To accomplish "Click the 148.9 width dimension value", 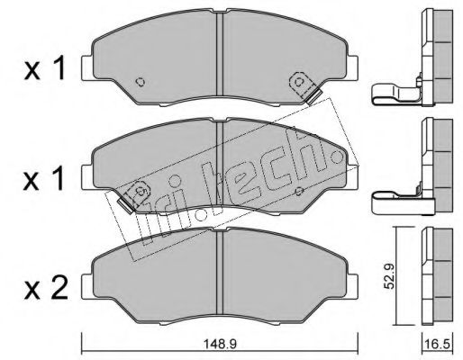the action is [220, 344].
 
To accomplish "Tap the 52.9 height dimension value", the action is [390, 276].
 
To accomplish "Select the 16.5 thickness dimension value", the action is [437, 344].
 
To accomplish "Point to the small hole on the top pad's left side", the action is [141, 82].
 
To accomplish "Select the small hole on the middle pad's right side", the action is [299, 191].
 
